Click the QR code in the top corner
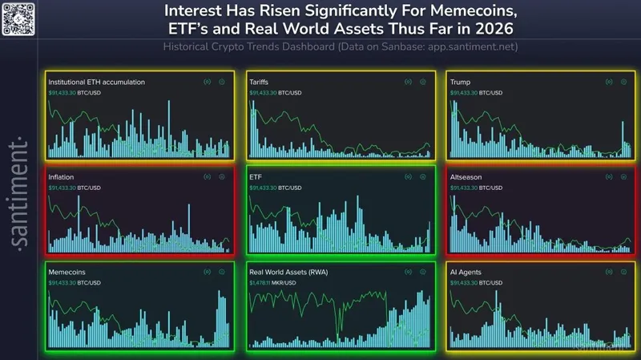point(18,18)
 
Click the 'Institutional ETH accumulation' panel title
point(96,83)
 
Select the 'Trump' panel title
point(461,83)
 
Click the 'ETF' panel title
point(256,177)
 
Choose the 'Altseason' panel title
point(467,177)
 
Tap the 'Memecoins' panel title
point(67,273)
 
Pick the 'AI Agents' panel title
point(466,273)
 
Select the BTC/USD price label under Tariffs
point(276,92)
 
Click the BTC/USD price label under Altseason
point(477,188)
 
